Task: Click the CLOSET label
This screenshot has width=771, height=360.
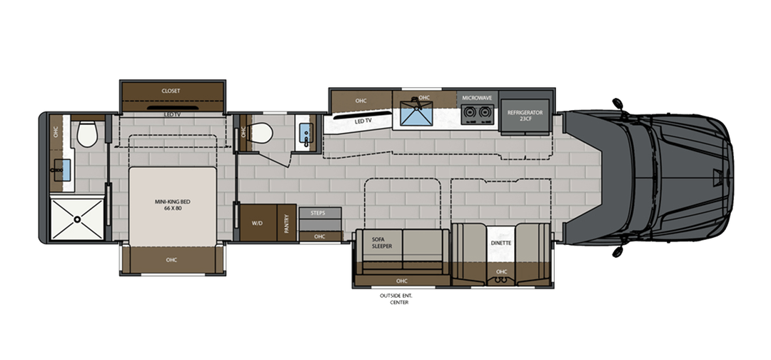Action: point(171,91)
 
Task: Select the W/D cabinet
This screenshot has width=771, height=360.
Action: point(257,222)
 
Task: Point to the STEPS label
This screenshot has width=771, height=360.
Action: point(318,212)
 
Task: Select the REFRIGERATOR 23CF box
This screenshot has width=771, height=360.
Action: point(525,114)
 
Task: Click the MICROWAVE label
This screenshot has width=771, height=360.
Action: point(476,97)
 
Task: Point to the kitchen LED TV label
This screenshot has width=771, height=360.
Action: point(364,121)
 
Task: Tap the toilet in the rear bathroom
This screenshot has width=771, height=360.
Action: point(87,132)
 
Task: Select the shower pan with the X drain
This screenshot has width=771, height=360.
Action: point(76,219)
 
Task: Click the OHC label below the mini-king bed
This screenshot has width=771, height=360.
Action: point(171,259)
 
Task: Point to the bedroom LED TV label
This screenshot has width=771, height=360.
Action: point(171,114)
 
